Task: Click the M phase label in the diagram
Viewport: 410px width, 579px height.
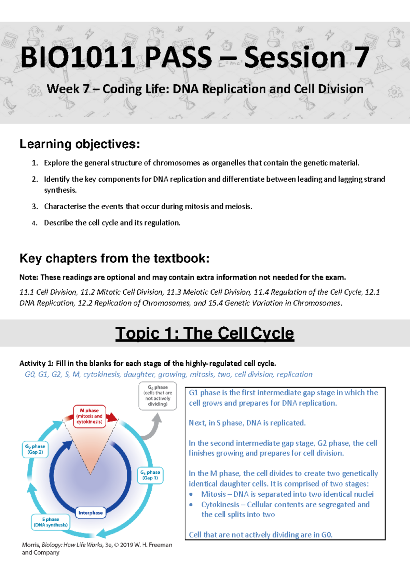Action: [90, 416]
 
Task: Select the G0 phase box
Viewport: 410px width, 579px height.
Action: [158, 396]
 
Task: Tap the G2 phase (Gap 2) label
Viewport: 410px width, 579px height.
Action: [35, 449]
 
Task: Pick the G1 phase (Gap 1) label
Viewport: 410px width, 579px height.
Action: [150, 475]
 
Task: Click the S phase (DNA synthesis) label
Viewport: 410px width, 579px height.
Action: [51, 522]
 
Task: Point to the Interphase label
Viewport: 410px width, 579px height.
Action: [90, 513]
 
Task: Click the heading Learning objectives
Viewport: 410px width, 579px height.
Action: [80, 144]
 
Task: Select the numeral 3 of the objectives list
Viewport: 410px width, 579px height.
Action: [34, 207]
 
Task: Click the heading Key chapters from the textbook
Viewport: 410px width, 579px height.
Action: [114, 258]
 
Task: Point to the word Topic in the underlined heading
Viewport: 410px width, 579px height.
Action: [137, 333]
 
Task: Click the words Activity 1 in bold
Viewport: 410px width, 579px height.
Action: [36, 363]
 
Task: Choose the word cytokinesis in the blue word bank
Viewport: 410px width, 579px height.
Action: [101, 375]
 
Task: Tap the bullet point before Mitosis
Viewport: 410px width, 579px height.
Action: [191, 494]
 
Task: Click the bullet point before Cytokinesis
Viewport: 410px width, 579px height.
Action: [191, 505]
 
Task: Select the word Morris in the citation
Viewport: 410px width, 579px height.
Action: [30, 545]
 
